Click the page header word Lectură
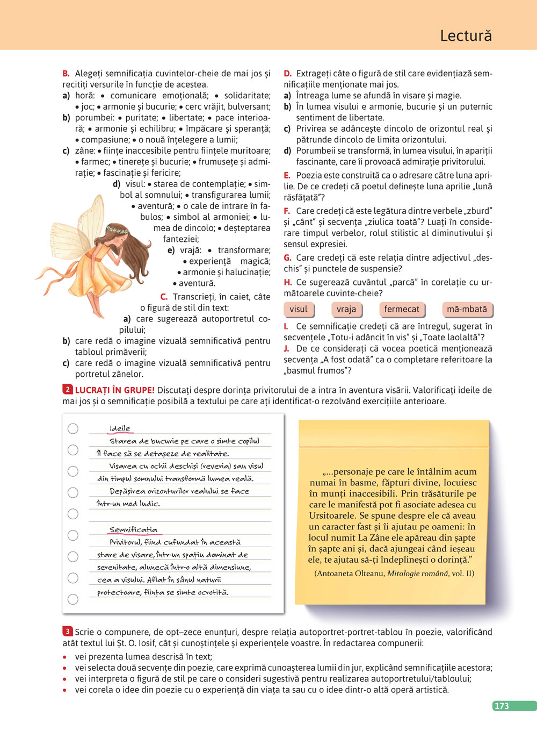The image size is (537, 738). click(466, 35)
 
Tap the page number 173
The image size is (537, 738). click(502, 706)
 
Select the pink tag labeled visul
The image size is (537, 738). click(299, 309)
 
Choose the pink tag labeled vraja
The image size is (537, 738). click(346, 309)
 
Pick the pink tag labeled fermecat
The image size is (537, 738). click(402, 309)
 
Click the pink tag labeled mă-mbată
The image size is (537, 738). click(467, 309)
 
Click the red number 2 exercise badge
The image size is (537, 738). click(67, 390)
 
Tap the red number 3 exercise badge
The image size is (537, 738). click(67, 632)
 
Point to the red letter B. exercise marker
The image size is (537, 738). click(66, 74)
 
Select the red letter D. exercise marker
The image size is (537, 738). click(287, 74)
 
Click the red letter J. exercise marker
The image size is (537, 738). click(286, 348)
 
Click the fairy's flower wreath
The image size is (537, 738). click(117, 230)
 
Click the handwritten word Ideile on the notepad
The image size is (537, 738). click(120, 428)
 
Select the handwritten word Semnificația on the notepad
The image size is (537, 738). click(133, 529)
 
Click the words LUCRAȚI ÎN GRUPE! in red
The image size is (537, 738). click(115, 390)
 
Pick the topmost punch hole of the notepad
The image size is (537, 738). click(73, 428)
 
